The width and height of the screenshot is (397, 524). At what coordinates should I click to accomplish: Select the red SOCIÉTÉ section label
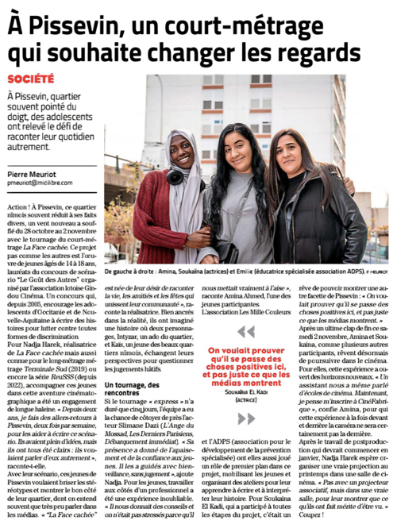click(x=31, y=79)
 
